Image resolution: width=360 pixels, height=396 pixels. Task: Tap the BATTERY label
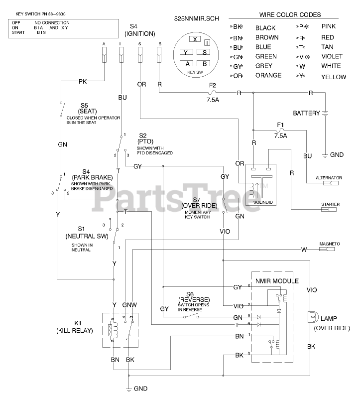click(306, 113)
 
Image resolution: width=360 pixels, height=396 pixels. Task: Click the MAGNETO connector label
click(330, 244)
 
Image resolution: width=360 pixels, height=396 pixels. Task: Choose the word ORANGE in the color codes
click(268, 76)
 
